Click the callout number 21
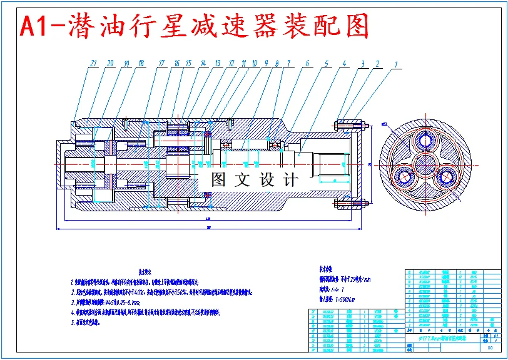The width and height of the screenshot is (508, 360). [x=94, y=63]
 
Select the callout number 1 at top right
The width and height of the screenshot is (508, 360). [x=395, y=63]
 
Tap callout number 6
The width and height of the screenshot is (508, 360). [x=307, y=63]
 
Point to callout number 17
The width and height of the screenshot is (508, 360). [x=161, y=63]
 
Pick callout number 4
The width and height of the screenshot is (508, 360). [x=343, y=63]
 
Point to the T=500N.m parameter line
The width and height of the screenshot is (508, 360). [x=335, y=299]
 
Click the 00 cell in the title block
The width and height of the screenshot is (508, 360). [x=490, y=349]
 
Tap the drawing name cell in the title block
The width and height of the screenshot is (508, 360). [x=444, y=338]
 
